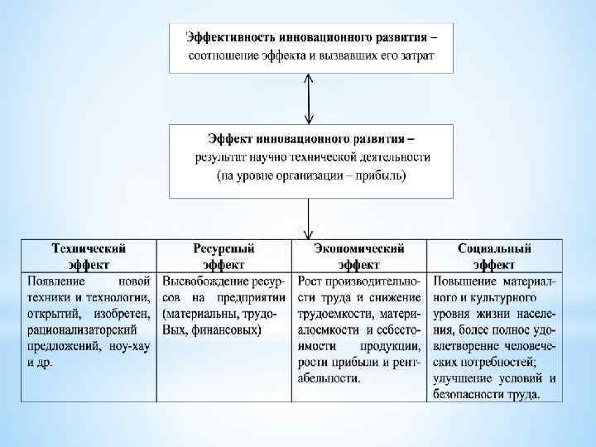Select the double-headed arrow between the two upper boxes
[309, 99]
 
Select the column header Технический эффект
[89, 256]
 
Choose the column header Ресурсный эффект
[223, 256]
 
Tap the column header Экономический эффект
[359, 256]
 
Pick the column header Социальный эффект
[494, 256]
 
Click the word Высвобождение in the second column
[200, 281]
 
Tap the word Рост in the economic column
[310, 281]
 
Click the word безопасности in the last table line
[469, 395]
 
